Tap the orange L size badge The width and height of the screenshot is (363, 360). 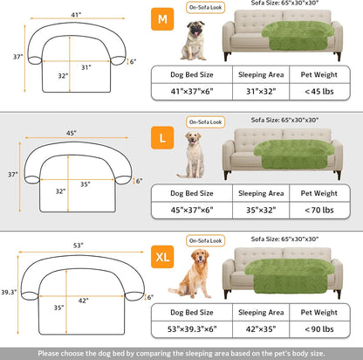point(162,138)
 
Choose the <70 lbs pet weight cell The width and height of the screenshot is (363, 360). point(318,211)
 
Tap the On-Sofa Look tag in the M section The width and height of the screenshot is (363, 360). point(204,6)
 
